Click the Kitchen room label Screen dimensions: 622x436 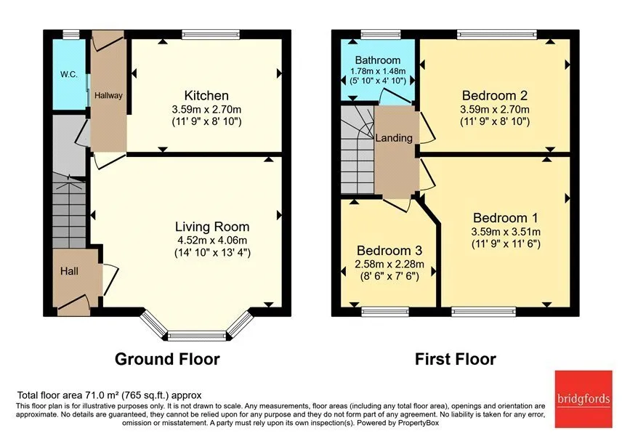[206, 96]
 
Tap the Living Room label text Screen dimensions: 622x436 [212, 227]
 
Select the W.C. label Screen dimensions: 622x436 [69, 74]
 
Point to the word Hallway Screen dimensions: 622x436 [108, 96]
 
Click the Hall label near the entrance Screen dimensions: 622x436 [69, 271]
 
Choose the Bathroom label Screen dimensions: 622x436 [378, 60]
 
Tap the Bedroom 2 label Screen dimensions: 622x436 [495, 96]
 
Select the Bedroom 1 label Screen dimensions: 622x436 [506, 218]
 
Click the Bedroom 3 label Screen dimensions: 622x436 [389, 251]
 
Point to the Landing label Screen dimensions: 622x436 [394, 138]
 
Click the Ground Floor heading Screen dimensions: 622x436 [167, 359]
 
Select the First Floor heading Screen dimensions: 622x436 [456, 359]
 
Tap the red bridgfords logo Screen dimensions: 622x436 [583, 399]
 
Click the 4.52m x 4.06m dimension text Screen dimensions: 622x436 [212, 240]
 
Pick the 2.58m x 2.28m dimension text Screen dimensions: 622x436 [389, 264]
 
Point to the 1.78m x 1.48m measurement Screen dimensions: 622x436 [378, 71]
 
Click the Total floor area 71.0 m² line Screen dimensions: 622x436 [109, 395]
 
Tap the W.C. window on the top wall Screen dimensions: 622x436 [71, 35]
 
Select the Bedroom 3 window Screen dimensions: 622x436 [385, 312]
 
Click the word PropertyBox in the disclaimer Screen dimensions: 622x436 [419, 423]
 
